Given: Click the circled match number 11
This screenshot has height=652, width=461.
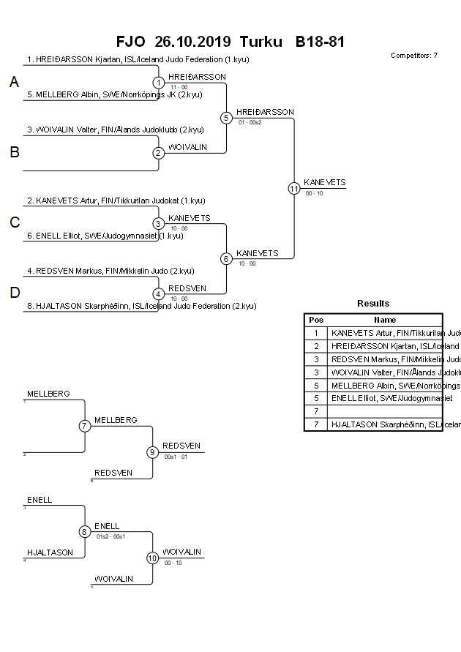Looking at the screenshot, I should click(x=294, y=188).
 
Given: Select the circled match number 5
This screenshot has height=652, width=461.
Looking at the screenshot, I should click(x=226, y=118).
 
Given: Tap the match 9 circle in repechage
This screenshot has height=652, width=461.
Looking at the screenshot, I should click(x=152, y=452).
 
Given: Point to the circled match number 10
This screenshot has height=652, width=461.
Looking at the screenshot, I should click(x=152, y=558).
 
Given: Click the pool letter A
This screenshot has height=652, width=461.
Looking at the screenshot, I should click(x=14, y=83).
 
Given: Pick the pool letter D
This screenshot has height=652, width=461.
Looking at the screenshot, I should click(x=14, y=293).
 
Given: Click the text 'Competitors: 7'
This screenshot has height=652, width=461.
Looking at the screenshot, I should click(x=414, y=56).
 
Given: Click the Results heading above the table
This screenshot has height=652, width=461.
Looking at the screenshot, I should click(x=373, y=304).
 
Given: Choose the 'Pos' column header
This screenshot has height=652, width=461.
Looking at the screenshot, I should click(x=315, y=320).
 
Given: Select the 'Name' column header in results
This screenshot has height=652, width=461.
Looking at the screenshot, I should click(x=385, y=320).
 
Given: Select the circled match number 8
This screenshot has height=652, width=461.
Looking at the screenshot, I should click(x=85, y=532).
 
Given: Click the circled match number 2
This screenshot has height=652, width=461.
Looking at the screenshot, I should click(x=159, y=153).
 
